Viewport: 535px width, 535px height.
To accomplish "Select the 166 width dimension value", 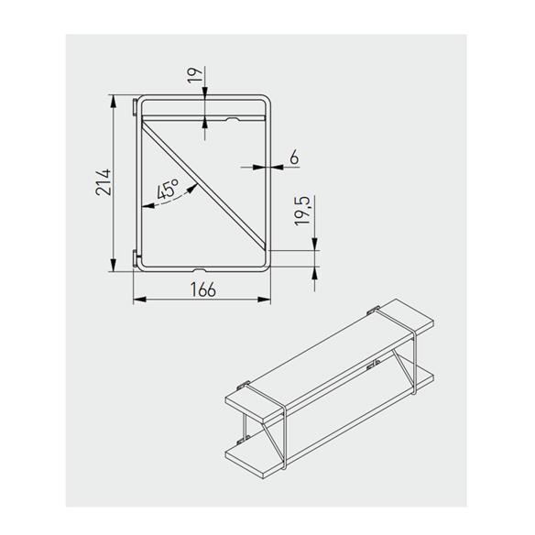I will pos(203,289).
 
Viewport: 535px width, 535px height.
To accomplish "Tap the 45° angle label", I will pos(167,191).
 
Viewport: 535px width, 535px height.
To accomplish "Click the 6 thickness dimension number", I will pos(293,157).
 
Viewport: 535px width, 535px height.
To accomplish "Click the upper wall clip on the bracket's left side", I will pos(136,106).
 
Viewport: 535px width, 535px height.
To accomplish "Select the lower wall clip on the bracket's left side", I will pos(136,258).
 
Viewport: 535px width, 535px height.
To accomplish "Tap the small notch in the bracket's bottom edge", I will pos(200,270).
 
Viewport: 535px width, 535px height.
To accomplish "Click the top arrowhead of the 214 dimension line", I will pos(115,100).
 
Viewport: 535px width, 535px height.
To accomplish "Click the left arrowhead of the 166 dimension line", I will pos(137,300).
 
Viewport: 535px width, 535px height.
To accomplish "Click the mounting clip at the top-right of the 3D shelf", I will pos(376,308).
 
